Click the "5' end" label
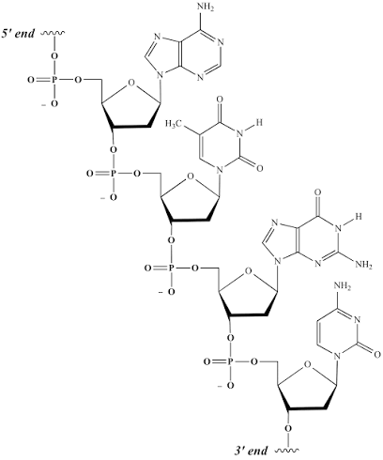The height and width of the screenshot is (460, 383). point(18,33)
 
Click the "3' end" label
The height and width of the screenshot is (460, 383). point(251,451)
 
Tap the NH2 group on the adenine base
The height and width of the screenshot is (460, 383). point(207,8)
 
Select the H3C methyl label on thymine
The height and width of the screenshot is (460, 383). point(174,124)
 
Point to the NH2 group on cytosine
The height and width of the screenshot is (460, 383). point(343,286)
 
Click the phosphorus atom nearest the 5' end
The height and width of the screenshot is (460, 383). point(54,80)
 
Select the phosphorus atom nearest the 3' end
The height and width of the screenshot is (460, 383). point(230,362)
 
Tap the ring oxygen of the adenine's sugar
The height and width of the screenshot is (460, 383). point(131,84)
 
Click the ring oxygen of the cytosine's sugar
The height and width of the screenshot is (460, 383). point(308,364)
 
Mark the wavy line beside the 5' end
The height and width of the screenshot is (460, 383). point(53,33)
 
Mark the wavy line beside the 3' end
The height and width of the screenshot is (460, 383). point(287,451)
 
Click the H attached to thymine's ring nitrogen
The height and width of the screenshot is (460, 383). point(258,122)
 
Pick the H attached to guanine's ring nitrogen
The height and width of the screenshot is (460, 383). point(359,216)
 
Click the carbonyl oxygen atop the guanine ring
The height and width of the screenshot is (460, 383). point(318,191)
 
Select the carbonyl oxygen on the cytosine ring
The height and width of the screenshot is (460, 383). point(376,355)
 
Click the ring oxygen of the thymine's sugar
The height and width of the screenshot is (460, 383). point(190,177)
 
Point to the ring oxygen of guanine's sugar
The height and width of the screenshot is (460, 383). point(248,271)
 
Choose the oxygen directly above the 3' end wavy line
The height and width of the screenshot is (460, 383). point(288,428)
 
